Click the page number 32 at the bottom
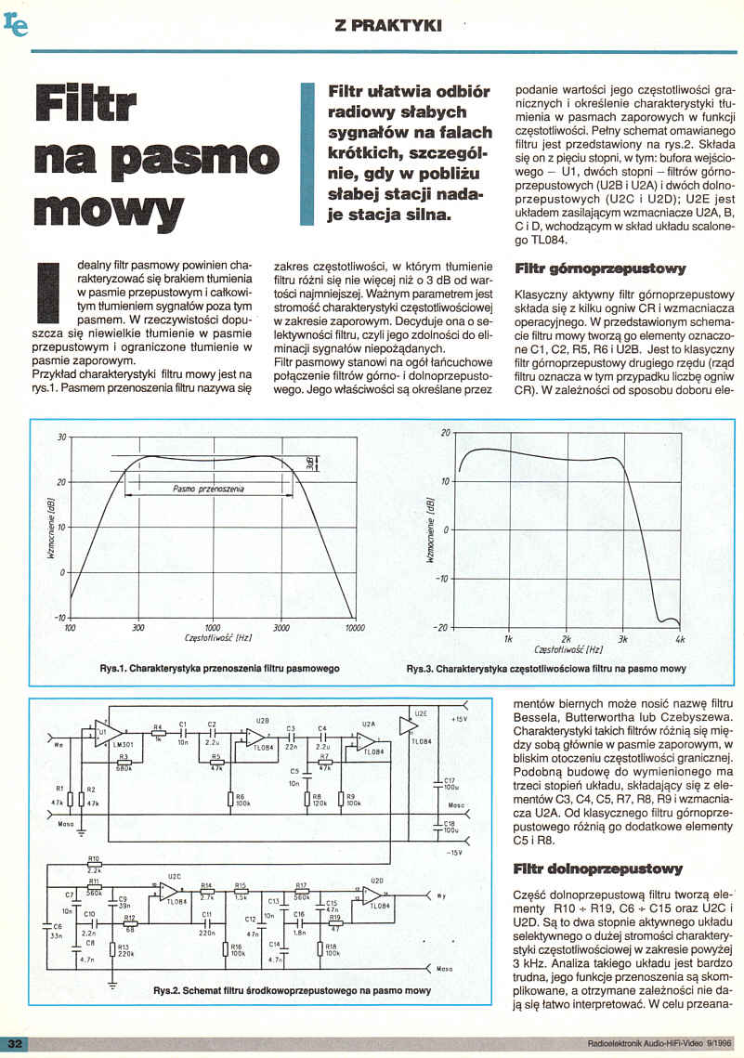coord(16,1045)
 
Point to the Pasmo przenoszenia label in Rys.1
coord(208,488)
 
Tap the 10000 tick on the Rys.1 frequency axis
coord(355,629)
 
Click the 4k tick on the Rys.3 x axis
coord(680,640)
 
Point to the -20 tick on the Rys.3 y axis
coord(441,627)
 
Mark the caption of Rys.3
coord(546,669)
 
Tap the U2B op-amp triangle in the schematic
coord(254,739)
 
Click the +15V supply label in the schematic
coord(459,719)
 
